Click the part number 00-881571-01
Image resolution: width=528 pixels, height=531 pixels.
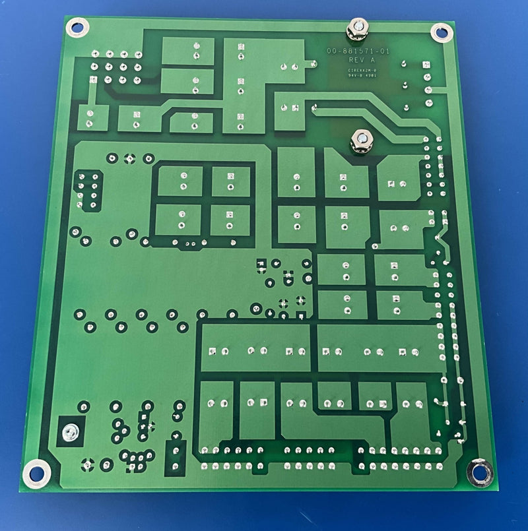coord(358,51)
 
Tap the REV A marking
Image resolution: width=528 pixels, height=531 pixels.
coord(360,60)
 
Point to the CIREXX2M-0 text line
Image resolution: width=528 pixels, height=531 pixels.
coord(362,68)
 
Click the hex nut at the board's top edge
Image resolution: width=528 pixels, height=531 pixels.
coord(356,29)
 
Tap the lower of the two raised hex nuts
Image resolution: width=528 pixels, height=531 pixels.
coord(361,140)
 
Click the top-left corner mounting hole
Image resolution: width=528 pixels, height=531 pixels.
coord(77,28)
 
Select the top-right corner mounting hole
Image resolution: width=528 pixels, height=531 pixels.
coord(440,31)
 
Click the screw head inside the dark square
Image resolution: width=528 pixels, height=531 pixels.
coord(70,432)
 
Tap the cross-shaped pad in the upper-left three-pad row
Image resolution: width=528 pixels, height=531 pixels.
coord(130,158)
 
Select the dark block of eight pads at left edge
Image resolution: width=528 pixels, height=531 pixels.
coord(88,189)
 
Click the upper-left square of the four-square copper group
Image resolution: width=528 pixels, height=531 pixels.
coord(180,181)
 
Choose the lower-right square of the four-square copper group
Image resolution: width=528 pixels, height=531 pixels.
coord(230,220)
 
